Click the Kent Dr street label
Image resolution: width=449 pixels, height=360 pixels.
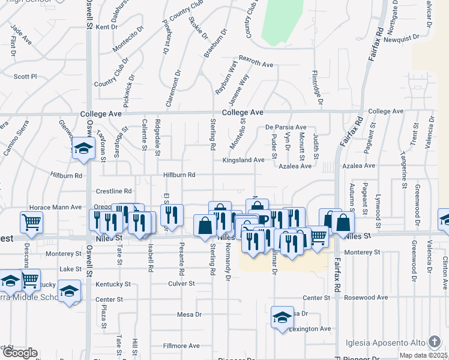pos(106,27)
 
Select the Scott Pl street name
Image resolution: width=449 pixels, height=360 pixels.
pos(25,77)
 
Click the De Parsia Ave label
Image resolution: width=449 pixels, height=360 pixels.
pos(286,128)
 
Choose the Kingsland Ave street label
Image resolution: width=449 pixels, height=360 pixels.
pos(243,160)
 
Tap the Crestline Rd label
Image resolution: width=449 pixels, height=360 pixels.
pos(110,191)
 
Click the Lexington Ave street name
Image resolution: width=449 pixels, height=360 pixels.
pos(310,329)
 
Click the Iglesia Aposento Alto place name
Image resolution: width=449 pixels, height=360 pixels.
pos(385,343)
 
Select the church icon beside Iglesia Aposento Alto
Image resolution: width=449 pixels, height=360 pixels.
pos(435,343)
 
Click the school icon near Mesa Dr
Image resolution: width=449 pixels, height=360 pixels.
pos(282,317)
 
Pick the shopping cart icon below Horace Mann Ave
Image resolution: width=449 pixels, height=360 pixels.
pos(31,221)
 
